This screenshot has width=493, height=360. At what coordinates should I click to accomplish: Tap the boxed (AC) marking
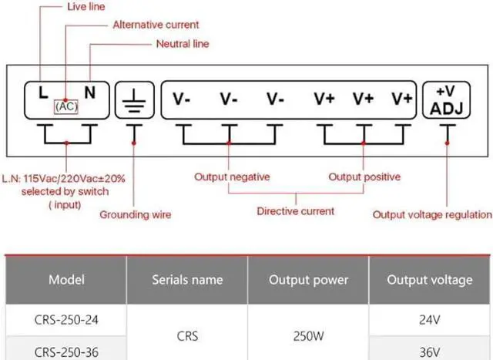click(x=66, y=107)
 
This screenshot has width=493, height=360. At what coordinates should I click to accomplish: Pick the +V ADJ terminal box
click(x=446, y=99)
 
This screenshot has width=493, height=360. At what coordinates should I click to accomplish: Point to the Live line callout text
click(x=87, y=7)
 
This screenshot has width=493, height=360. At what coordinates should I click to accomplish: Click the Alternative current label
click(x=156, y=25)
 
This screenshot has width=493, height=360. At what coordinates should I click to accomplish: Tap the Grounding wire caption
click(x=136, y=214)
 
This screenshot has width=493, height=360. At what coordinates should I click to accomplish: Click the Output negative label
click(x=232, y=177)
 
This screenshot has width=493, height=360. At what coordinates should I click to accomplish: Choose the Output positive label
click(x=364, y=177)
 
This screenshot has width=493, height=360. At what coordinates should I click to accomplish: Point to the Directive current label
click(x=295, y=210)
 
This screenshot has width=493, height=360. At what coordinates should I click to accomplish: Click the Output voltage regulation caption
click(x=431, y=214)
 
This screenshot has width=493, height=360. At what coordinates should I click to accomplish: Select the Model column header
click(x=66, y=280)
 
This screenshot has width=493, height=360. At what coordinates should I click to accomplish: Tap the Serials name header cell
click(x=187, y=280)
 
